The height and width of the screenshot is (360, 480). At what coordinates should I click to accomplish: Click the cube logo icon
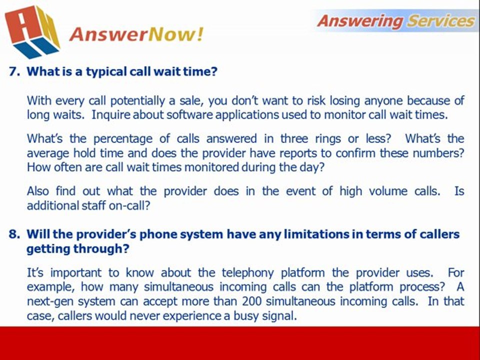[32, 31]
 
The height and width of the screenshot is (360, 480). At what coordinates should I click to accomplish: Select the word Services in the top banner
[441, 21]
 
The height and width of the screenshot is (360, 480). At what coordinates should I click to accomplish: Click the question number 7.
[14, 71]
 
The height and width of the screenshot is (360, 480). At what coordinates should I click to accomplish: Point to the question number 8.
[14, 234]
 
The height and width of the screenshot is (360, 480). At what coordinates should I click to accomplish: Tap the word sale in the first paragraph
[191, 100]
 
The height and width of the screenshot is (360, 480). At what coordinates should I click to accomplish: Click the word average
[46, 153]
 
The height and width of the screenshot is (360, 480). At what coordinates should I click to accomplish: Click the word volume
[388, 191]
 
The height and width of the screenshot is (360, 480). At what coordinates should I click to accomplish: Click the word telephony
[247, 273]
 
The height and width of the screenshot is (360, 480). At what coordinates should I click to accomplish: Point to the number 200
[252, 301]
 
